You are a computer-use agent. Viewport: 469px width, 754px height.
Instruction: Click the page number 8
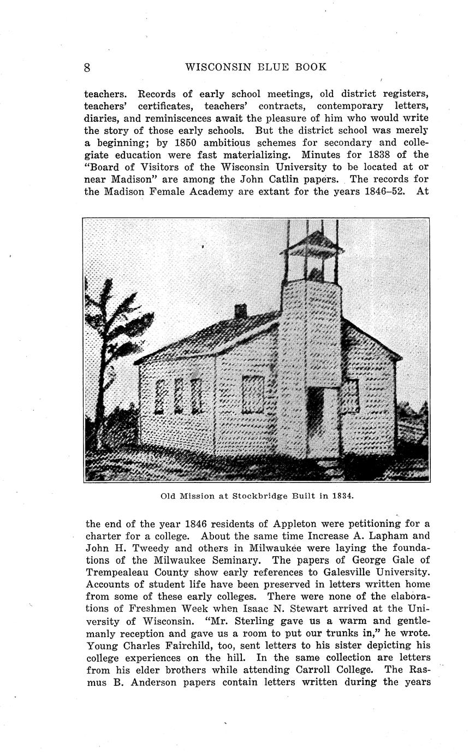87,67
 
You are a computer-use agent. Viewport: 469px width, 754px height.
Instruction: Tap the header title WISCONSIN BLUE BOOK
256,67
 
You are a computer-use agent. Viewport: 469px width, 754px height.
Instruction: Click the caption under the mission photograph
257,497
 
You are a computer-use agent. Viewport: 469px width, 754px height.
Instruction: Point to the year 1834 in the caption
343,497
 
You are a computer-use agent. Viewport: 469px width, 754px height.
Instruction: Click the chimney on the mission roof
240,311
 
